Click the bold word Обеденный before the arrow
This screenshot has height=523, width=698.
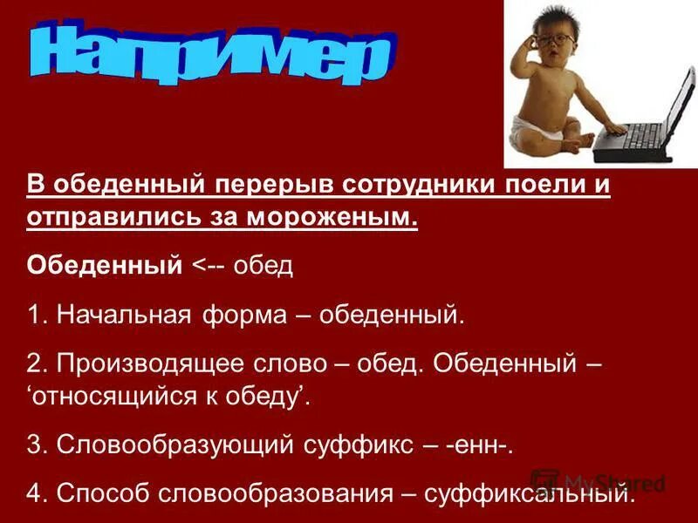coord(104,264)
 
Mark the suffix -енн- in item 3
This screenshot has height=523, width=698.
coord(482,445)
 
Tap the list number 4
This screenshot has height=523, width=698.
coord(34,494)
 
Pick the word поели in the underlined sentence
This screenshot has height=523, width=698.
coord(542,187)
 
